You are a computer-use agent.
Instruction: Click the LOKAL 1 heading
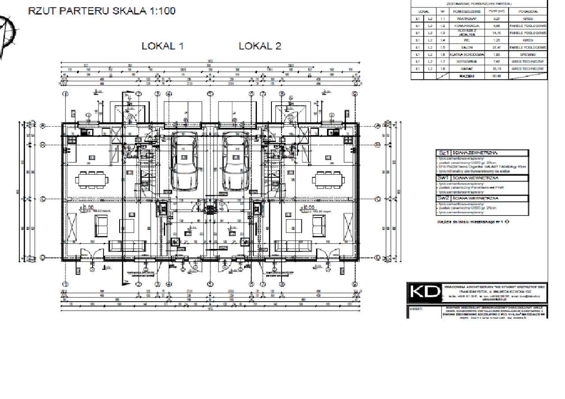coord(162,46)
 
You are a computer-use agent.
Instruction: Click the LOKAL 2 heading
coord(260,46)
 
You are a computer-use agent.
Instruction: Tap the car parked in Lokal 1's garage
coord(184,162)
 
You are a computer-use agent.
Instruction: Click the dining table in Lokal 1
coord(92,179)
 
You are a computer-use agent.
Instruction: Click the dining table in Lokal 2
coord(328,179)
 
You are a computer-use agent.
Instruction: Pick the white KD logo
coord(424,292)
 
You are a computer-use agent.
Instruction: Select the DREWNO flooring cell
coord(528,54)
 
